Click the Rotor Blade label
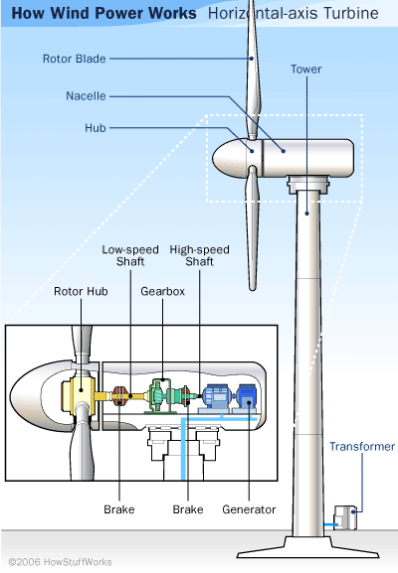[x=75, y=59]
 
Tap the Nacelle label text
[x=86, y=96]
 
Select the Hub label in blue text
[x=96, y=128]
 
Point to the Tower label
[x=306, y=70]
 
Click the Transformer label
[x=362, y=446]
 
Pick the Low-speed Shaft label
[x=130, y=255]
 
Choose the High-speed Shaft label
[x=200, y=255]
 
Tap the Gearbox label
[x=162, y=291]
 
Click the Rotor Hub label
[x=81, y=291]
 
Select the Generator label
[x=249, y=509]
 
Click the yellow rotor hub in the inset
[x=79, y=393]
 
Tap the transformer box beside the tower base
[x=345, y=517]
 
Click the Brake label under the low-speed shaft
[x=119, y=509]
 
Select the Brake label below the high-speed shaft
[x=188, y=509]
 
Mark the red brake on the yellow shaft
[x=119, y=396]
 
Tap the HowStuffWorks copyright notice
[x=60, y=562]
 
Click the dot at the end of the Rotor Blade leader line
[x=252, y=59]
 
